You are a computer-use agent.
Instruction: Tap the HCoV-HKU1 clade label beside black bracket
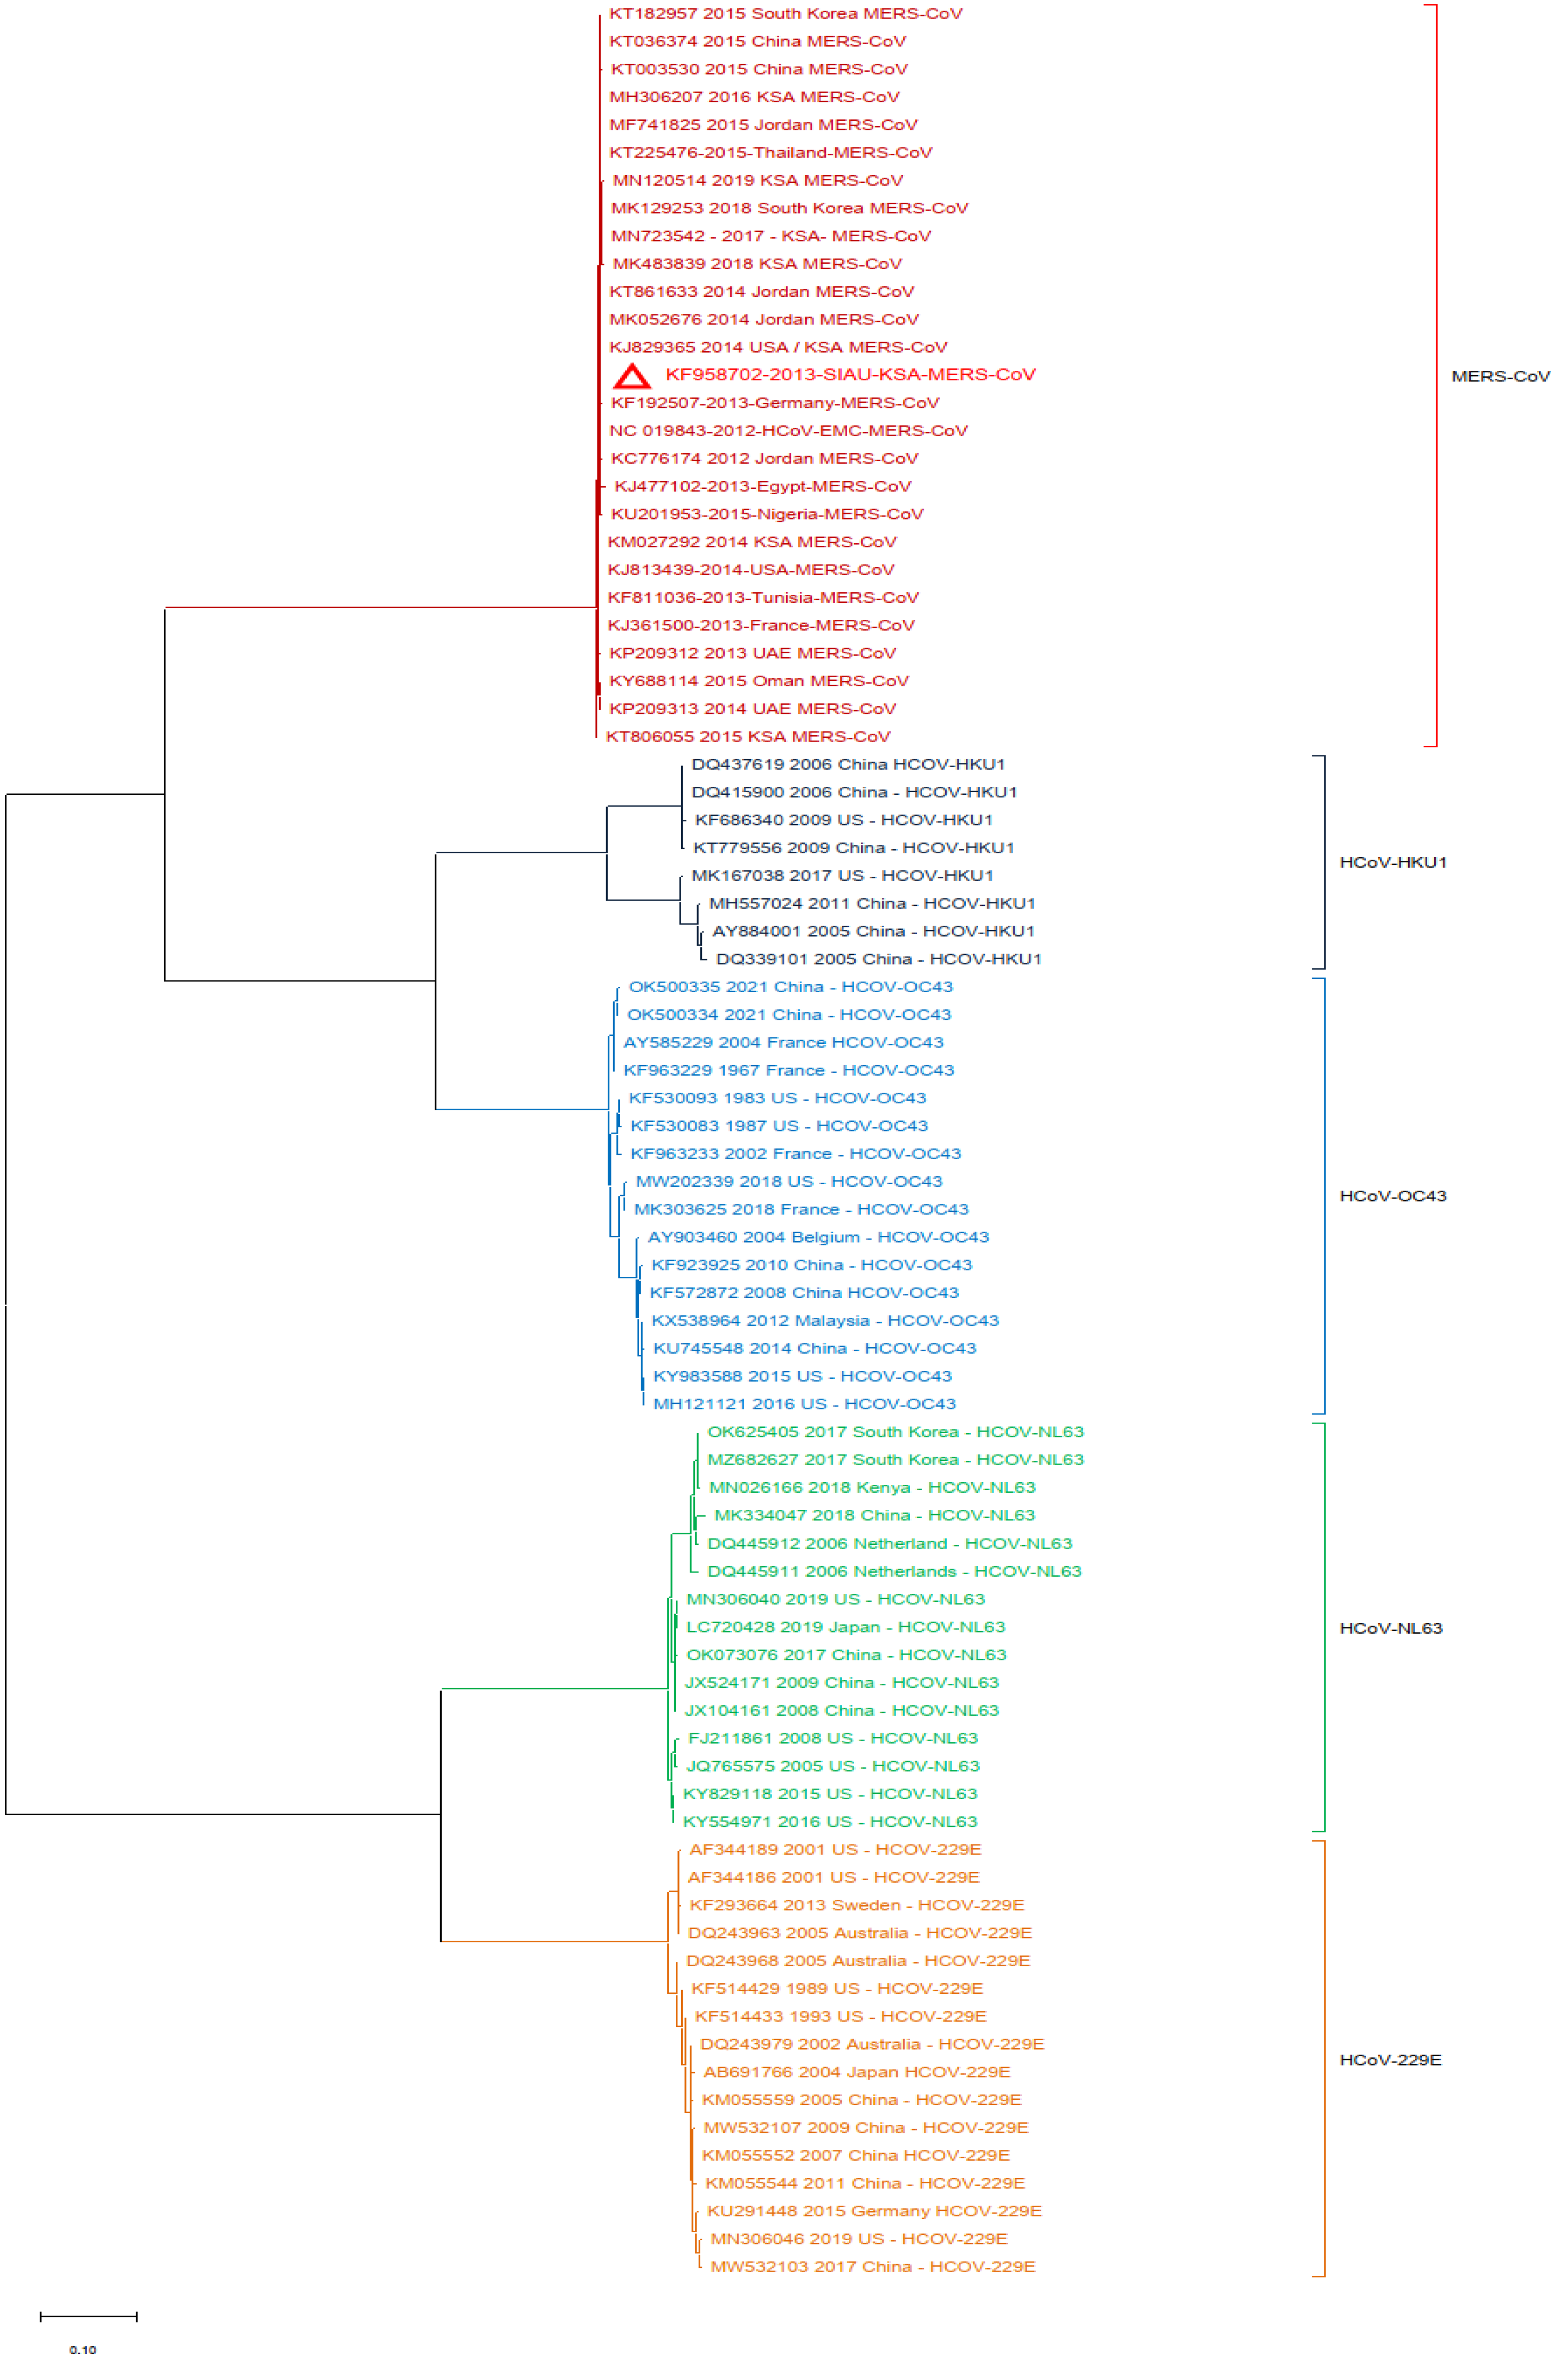tap(1392, 862)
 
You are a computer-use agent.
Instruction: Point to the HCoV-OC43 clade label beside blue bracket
tap(1392, 1195)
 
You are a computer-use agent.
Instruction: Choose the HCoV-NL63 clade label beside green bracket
tap(1391, 1628)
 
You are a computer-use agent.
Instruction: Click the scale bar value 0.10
tap(84, 2349)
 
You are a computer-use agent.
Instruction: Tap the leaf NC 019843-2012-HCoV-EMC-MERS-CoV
tap(788, 430)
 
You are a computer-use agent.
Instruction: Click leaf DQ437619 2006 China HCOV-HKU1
tap(848, 764)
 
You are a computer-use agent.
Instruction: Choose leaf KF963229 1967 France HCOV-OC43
tap(788, 1069)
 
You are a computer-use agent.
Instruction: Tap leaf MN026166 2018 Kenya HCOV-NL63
tap(871, 1487)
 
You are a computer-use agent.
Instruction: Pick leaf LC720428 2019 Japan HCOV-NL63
tap(846, 1626)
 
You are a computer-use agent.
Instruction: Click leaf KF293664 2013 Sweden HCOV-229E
tap(856, 1905)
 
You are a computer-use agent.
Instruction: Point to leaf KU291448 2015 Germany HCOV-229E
tap(873, 2210)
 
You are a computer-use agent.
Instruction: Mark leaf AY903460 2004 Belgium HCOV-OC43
tap(818, 1237)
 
